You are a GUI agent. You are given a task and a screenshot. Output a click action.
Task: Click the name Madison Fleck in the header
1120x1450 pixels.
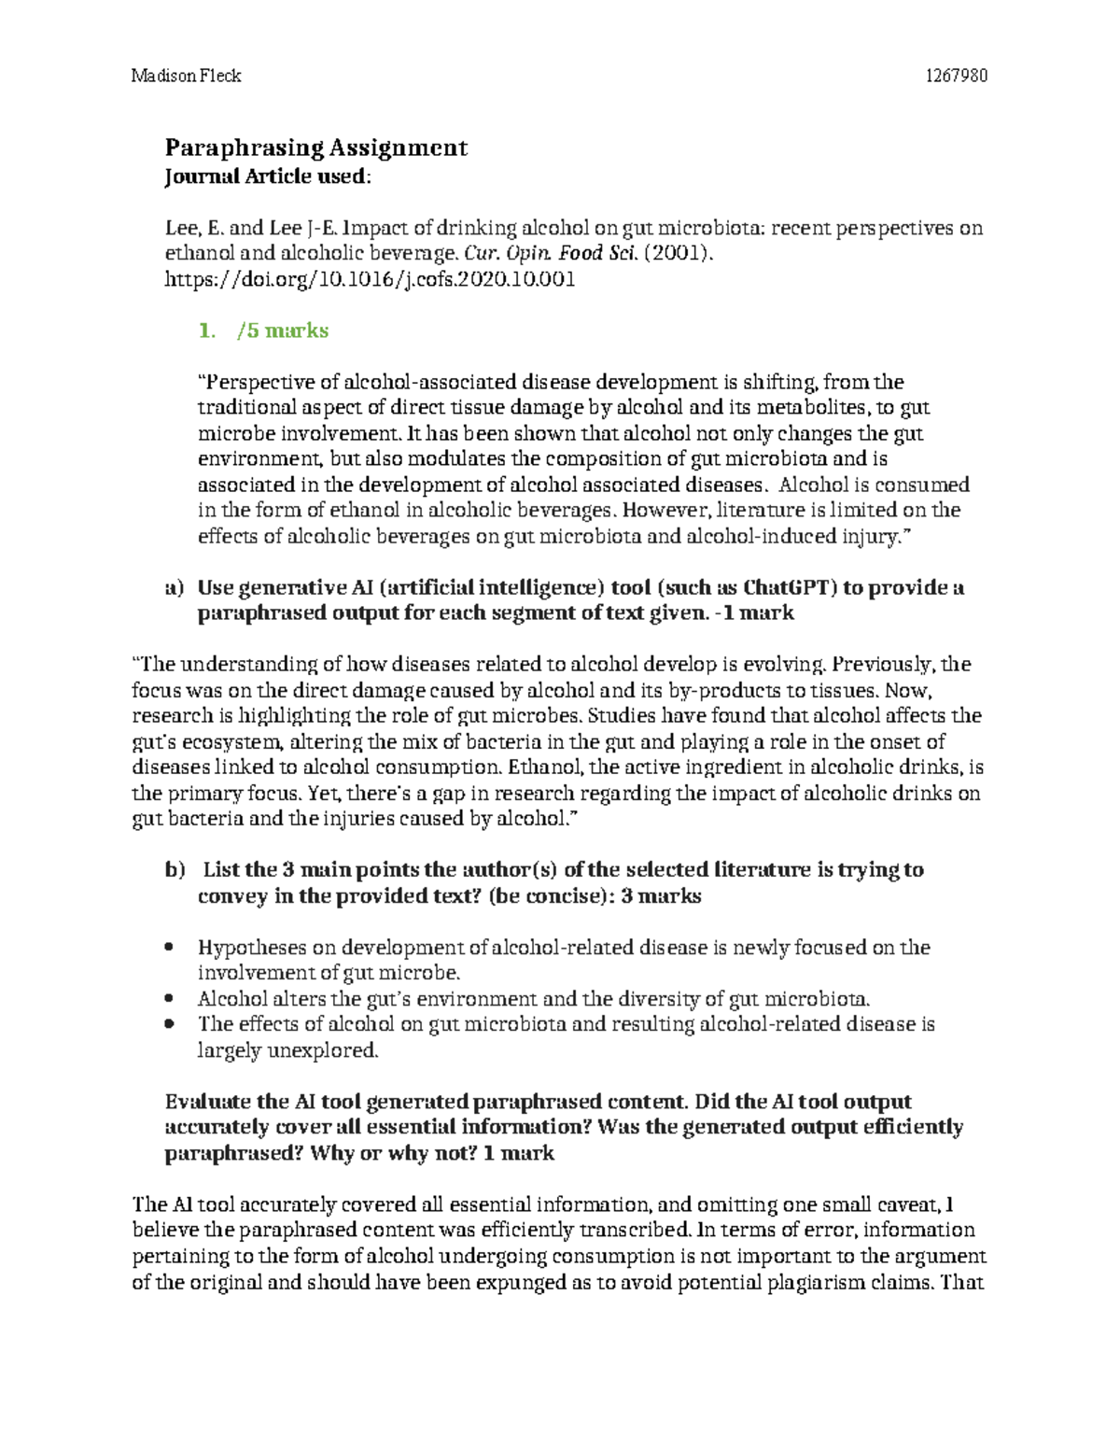(x=186, y=76)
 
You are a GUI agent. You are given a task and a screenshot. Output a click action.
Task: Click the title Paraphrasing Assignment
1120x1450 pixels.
(x=315, y=148)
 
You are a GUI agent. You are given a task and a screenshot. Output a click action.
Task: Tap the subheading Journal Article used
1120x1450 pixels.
(x=266, y=176)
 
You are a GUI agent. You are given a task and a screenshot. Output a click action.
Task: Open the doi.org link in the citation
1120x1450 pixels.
(x=370, y=279)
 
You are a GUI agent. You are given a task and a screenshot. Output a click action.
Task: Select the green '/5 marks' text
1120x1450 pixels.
(x=283, y=331)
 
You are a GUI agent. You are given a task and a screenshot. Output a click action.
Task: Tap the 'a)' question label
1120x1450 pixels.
(x=175, y=588)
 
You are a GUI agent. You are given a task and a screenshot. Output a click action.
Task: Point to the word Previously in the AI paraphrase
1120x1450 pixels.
(x=882, y=665)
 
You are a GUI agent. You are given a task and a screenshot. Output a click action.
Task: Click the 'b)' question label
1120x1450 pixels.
(x=175, y=870)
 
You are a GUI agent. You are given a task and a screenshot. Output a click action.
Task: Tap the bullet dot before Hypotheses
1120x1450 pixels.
(x=169, y=948)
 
